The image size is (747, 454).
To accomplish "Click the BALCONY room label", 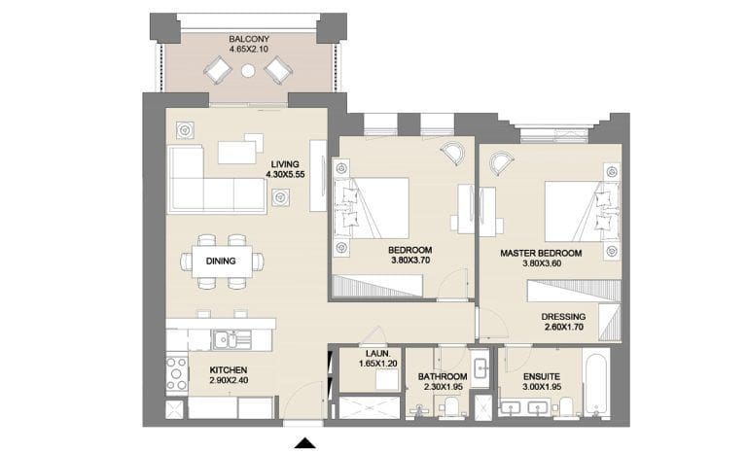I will click(249, 38).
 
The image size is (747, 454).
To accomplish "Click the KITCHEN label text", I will click(229, 370).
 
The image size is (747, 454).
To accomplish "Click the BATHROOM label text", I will click(445, 375).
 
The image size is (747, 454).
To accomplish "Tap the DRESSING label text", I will click(564, 316).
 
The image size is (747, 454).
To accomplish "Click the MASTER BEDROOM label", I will click(541, 253).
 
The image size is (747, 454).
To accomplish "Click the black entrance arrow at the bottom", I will click(307, 443).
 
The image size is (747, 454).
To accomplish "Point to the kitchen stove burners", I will click(176, 373).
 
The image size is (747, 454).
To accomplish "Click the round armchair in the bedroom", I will click(452, 154).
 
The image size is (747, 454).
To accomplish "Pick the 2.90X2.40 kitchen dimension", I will click(229, 381).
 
